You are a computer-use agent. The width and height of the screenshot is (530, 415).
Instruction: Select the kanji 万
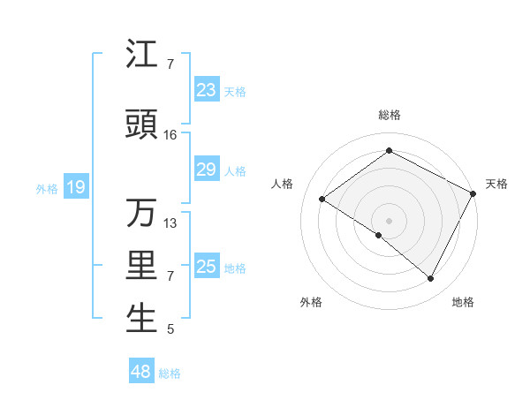(x=141, y=213)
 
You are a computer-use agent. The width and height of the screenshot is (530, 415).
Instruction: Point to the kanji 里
(x=141, y=266)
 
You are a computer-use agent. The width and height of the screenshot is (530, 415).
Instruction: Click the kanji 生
(x=141, y=319)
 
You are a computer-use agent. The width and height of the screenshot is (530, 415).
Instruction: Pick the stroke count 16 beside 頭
(x=170, y=135)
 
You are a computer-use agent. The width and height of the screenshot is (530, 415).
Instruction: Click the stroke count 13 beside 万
(x=170, y=223)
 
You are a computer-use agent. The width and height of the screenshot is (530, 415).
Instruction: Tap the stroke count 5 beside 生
(x=170, y=330)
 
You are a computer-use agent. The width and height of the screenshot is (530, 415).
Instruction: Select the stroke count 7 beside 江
(x=170, y=64)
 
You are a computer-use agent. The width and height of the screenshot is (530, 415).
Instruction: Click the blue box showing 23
(x=206, y=90)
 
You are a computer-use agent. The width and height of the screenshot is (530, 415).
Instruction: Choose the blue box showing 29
(x=206, y=170)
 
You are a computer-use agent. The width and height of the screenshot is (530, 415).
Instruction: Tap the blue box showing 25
(x=206, y=267)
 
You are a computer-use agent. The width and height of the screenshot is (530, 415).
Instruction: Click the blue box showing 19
(x=75, y=187)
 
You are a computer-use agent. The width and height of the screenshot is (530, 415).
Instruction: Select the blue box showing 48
(x=140, y=372)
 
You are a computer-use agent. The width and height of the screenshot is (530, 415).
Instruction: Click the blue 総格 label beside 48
(x=170, y=373)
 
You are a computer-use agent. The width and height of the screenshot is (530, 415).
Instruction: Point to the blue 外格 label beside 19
(x=46, y=188)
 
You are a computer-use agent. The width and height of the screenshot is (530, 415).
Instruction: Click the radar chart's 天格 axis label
(x=496, y=184)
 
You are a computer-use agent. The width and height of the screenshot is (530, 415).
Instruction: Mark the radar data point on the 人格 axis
(x=322, y=200)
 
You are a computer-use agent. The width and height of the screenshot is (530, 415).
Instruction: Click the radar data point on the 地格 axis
(x=431, y=278)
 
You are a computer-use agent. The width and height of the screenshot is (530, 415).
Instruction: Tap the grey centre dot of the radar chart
(x=389, y=219)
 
